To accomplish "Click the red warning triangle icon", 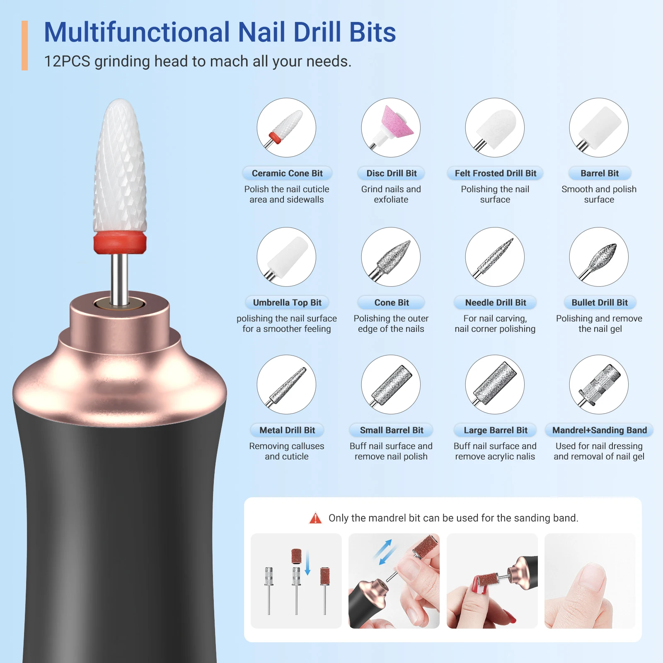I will click(315, 518).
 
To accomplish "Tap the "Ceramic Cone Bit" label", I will click(287, 173).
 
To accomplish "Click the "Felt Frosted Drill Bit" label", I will click(495, 173).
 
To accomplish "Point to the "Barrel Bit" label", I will click(599, 173).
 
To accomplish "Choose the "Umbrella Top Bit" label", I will click(287, 302).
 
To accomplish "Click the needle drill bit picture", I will click(495, 257).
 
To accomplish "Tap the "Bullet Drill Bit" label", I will click(599, 302).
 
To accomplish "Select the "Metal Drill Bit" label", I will click(287, 430).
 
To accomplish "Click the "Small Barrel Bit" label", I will click(391, 430).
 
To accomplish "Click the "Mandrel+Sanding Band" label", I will click(599, 430).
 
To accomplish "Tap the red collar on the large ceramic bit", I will click(120, 242).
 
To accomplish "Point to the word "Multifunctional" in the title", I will click(137, 32).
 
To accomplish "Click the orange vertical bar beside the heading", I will click(24, 46).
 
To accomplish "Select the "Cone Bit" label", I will click(391, 302).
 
